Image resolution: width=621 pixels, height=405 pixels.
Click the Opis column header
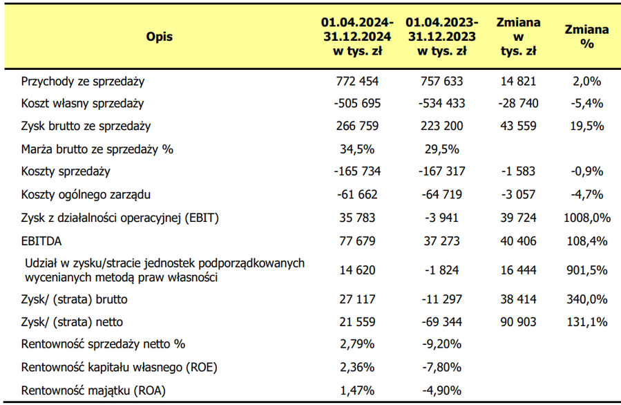[x=159, y=37]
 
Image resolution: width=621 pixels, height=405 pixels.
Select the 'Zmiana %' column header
[x=586, y=37]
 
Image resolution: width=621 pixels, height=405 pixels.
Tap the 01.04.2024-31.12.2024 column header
[x=357, y=37]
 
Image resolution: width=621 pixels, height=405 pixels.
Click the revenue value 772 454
[x=357, y=82]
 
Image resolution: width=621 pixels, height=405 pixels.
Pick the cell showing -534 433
[x=442, y=104]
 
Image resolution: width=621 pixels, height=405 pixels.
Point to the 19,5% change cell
[x=587, y=126]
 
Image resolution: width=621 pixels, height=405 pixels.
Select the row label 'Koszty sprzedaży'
[x=66, y=171]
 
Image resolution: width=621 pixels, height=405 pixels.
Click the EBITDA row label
[x=41, y=241]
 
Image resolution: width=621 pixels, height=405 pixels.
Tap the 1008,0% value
[x=587, y=218]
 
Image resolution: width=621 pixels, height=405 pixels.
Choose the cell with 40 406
[x=519, y=241]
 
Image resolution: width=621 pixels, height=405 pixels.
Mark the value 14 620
[x=357, y=270]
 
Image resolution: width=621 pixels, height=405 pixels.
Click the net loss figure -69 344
[x=442, y=322]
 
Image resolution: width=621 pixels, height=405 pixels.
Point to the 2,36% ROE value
[x=357, y=368]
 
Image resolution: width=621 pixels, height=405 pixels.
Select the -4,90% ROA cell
[x=442, y=390]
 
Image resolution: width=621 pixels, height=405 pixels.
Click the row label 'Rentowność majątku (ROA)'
[x=93, y=390]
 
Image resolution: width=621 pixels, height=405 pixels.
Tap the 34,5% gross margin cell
[x=357, y=149]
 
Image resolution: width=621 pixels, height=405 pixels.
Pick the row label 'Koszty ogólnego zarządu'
[x=86, y=195]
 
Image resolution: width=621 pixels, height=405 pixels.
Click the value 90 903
[x=519, y=322]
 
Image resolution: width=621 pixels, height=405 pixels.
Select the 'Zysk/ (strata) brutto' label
[x=75, y=299]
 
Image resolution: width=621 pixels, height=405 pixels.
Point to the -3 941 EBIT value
[x=442, y=218]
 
